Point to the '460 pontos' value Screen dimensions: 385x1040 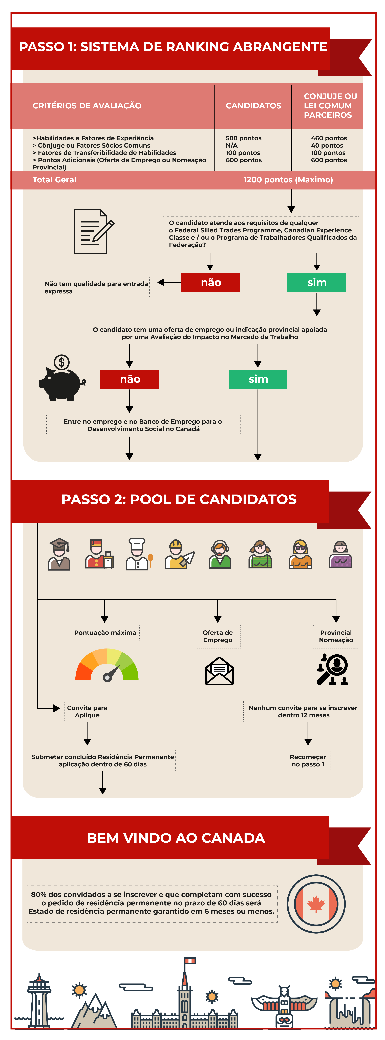(329, 138)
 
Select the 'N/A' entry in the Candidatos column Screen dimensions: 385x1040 (232, 145)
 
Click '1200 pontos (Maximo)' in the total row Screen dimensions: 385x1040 (288, 180)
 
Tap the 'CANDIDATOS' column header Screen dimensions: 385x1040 (253, 106)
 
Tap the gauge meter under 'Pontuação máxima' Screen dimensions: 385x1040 (107, 664)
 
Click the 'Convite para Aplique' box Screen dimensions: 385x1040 (87, 711)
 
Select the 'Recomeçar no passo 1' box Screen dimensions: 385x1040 (308, 761)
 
